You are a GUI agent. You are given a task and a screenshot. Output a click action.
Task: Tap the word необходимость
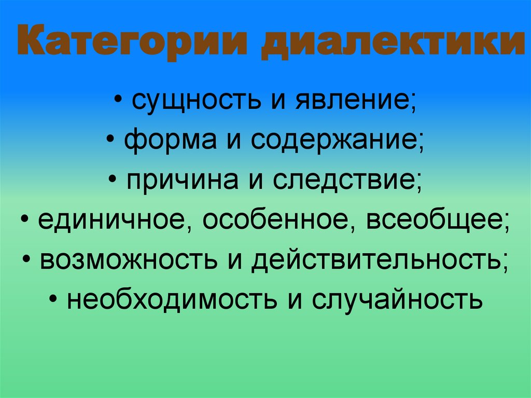[x=171, y=299]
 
